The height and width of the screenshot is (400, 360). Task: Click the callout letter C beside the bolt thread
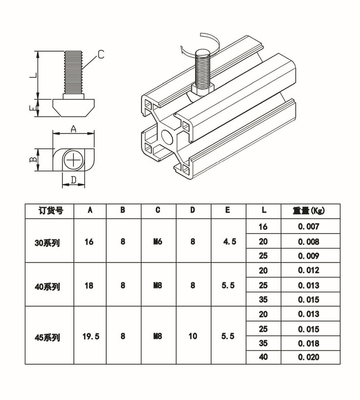click(101, 54)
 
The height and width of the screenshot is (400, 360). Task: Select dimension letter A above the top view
click(73, 129)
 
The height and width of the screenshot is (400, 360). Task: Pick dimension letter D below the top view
click(73, 180)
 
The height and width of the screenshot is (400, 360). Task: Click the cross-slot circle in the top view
click(74, 159)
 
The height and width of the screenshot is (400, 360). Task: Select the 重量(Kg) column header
click(309, 211)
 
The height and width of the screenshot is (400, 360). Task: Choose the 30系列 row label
click(47, 243)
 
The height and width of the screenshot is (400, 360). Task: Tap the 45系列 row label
click(47, 337)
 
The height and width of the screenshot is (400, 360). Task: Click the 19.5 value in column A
click(91, 336)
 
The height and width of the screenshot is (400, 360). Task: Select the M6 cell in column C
click(158, 241)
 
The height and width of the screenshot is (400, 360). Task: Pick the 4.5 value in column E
click(230, 241)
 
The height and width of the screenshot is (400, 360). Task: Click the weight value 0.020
click(309, 357)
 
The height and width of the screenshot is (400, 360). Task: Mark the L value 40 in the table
click(263, 357)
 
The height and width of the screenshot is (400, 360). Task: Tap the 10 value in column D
click(193, 336)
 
